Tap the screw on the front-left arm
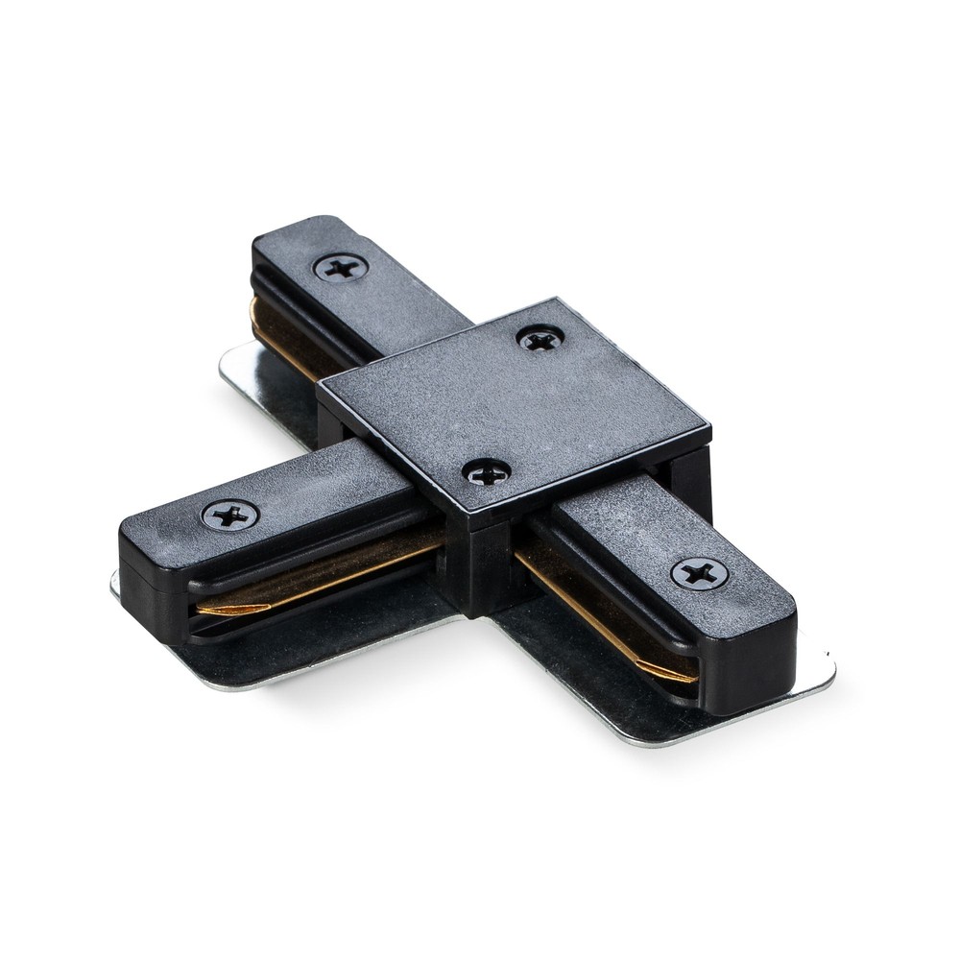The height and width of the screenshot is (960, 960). click(x=229, y=516)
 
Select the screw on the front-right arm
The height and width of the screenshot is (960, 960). click(x=698, y=574)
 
